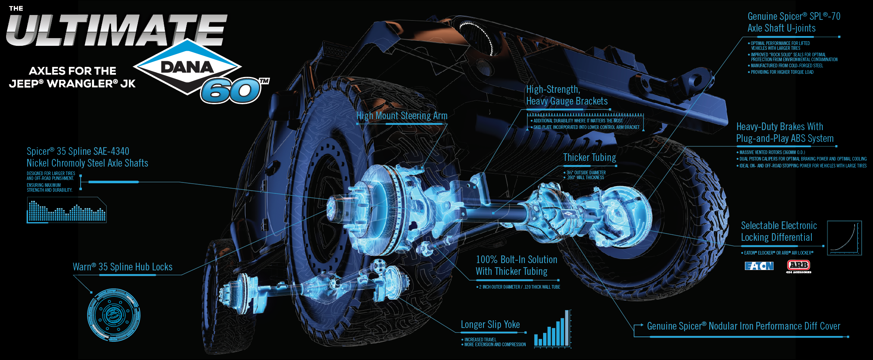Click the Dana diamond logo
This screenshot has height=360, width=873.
[x=187, y=67]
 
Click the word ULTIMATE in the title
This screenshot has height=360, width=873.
[x=116, y=30]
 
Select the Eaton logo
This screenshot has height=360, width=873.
[x=759, y=266]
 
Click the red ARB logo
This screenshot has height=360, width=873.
[x=798, y=265]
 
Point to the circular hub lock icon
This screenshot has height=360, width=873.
[x=114, y=315]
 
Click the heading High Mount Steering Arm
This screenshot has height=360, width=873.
[x=402, y=116]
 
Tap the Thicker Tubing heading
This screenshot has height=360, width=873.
[x=589, y=158]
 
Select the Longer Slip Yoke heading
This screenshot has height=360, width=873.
[x=490, y=325]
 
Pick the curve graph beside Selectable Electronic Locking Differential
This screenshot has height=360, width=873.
[x=844, y=238]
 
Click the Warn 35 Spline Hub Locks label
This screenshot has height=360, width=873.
[x=122, y=267]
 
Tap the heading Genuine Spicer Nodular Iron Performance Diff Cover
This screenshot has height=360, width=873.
[x=743, y=326]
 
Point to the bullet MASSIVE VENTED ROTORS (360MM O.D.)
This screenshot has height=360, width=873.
[x=772, y=152]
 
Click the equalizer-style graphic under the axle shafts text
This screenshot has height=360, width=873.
[x=67, y=211]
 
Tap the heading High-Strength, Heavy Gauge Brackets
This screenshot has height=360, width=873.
[x=567, y=95]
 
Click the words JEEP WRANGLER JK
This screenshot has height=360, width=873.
[x=72, y=84]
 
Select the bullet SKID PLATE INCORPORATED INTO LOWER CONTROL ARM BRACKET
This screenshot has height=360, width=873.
[x=586, y=127]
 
